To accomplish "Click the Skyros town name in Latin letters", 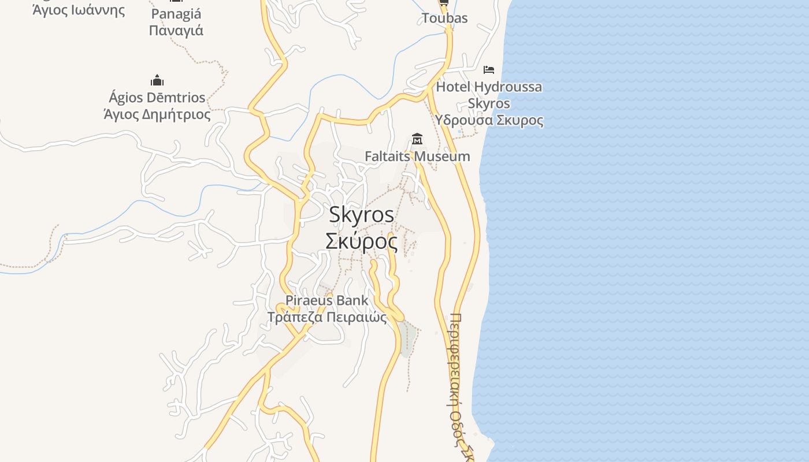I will coord(362,215).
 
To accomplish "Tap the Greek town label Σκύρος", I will coord(362,241).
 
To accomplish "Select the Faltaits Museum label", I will coord(417,157).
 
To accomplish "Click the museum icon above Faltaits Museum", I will coord(417,139).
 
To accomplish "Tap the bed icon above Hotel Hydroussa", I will coord(489,70).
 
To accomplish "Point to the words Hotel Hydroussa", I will coord(489,87).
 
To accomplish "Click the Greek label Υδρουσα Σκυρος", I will coord(489,120).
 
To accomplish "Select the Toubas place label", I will coord(444,18).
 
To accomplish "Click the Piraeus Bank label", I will coord(326,300).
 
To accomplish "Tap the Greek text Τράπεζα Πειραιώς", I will coord(326,317).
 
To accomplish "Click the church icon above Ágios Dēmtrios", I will coord(157,80).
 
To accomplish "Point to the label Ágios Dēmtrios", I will coord(157,97).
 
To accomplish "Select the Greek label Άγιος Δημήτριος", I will coord(157,114).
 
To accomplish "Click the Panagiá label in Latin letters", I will coord(176,14).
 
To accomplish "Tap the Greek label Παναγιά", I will coord(176,30).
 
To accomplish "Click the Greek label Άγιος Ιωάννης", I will coord(79,10).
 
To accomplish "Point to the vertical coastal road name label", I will coord(457,381).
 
